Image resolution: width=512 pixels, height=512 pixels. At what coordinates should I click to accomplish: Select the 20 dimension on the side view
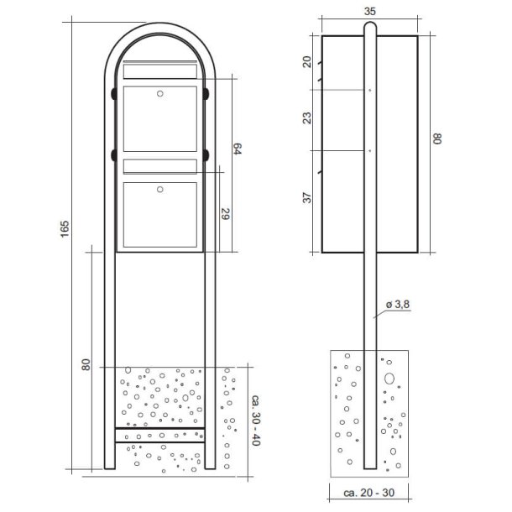(x=307, y=62)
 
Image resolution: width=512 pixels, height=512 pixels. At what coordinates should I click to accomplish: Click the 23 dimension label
(x=307, y=119)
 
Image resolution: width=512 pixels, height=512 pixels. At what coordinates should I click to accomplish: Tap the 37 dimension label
(x=307, y=198)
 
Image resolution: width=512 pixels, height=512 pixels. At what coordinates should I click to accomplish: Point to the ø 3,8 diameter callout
(x=396, y=306)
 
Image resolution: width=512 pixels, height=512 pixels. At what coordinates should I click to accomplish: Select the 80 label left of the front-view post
(x=86, y=365)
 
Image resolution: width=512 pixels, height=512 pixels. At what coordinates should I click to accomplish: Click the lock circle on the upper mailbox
(x=160, y=94)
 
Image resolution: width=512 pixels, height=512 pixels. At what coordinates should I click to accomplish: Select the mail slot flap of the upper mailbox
(x=160, y=72)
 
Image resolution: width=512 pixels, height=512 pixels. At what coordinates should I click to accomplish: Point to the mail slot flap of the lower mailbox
(x=160, y=166)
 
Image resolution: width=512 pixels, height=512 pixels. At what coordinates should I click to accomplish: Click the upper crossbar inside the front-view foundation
(x=160, y=429)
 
